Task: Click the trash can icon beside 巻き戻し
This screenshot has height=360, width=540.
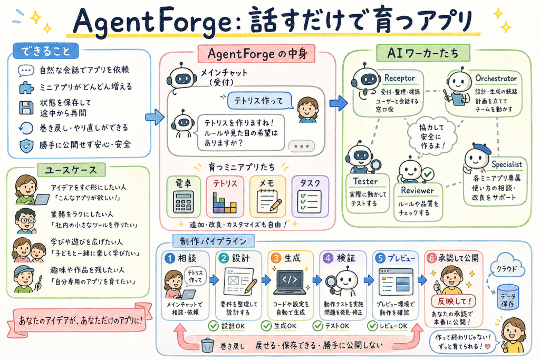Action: [207, 345]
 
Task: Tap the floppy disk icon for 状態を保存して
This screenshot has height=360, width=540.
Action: [26, 108]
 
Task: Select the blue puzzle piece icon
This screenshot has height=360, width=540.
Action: [26, 87]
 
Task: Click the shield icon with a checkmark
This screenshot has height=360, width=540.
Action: [26, 145]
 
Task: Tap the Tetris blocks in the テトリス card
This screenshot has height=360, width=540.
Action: [224, 203]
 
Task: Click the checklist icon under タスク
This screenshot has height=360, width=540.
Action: [309, 202]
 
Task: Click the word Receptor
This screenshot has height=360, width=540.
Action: [400, 78]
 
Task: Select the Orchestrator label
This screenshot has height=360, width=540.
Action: [496, 79]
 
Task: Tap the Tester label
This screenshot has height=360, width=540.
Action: [365, 181]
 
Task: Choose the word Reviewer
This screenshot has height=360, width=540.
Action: [418, 190]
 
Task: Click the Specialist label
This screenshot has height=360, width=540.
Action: [507, 164]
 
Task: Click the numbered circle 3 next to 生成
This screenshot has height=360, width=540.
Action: [276, 258]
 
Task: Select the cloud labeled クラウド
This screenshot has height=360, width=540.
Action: [507, 266]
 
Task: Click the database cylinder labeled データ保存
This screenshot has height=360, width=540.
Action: [508, 297]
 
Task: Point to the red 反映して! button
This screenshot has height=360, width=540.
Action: [454, 301]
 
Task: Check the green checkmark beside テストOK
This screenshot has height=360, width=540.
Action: [318, 326]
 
